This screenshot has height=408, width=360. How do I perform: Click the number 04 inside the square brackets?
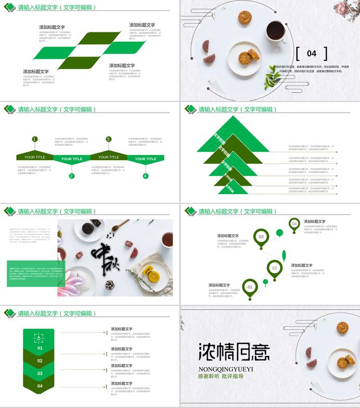(311, 53)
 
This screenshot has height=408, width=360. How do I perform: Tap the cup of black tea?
(275, 31)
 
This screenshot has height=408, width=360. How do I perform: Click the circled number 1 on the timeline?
(34, 139)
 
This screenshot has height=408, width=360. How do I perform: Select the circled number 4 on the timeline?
(146, 176)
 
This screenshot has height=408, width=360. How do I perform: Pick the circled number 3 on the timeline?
(109, 139)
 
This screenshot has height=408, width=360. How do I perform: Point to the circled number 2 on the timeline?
(71, 176)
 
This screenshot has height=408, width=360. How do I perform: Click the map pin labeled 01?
(250, 287)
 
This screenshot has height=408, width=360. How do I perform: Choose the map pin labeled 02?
(274, 268)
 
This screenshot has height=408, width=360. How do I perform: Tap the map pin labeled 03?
(261, 237)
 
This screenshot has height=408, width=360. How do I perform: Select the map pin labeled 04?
(294, 224)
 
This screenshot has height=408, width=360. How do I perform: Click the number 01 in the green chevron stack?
(40, 348)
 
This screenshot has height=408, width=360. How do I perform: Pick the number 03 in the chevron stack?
(40, 374)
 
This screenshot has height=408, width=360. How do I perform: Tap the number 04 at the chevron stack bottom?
(40, 386)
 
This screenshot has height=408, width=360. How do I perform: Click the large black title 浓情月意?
(234, 352)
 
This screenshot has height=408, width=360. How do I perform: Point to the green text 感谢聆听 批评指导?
(221, 376)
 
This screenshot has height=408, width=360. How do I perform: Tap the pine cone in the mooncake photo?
(110, 285)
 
